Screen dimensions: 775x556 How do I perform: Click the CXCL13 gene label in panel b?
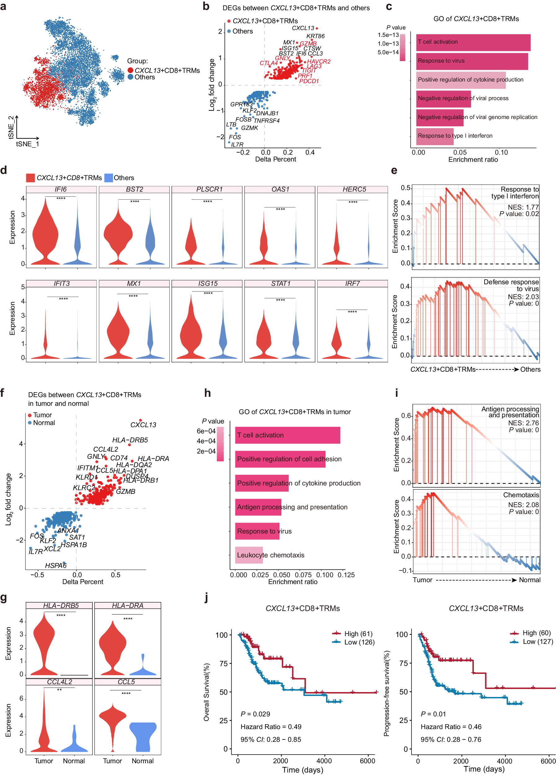tap(303, 28)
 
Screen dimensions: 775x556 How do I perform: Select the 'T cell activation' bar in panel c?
tap(473, 42)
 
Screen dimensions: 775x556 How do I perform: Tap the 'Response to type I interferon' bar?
tap(435, 136)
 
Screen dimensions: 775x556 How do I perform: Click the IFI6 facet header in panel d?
tap(61, 189)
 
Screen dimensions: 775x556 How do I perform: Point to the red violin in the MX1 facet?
tap(118, 331)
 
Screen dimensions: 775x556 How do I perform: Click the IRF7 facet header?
tap(352, 284)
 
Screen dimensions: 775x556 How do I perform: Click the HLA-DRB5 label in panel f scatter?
tap(130, 440)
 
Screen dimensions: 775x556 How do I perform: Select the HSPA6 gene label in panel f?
tap(56, 565)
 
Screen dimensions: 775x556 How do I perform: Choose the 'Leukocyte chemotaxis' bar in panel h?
tap(249, 555)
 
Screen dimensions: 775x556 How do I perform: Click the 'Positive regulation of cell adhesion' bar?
tap(280, 459)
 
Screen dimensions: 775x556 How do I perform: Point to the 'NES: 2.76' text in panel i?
tap(523, 423)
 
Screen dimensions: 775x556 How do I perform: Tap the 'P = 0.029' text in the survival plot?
tap(255, 714)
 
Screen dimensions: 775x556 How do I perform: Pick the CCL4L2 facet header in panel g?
tap(60, 682)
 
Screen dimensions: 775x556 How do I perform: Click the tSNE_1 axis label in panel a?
tap(27, 144)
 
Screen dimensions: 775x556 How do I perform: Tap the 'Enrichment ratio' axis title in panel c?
tap(473, 160)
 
